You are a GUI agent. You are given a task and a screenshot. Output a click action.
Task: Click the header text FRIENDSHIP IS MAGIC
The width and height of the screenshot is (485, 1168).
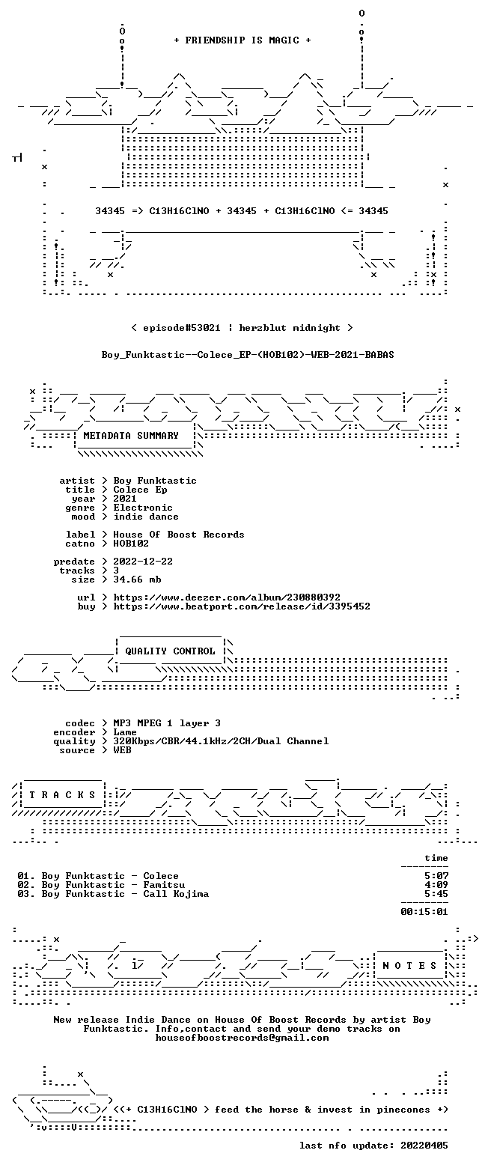(x=242, y=40)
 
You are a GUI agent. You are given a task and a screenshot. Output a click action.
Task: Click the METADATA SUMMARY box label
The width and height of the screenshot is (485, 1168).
(x=131, y=436)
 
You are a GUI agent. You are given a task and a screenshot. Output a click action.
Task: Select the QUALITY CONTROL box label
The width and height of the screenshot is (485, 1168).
(x=170, y=651)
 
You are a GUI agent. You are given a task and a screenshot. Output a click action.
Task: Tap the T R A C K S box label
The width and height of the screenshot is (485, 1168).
(x=63, y=795)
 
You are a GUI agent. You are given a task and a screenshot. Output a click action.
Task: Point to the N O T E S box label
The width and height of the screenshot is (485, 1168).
(x=410, y=966)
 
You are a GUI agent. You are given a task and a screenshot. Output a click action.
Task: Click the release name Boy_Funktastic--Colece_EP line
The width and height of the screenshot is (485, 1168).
(x=248, y=355)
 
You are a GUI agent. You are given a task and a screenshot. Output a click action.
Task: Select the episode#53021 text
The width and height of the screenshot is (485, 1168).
(x=181, y=328)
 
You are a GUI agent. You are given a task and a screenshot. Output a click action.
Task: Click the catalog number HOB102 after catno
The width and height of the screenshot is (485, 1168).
(x=131, y=544)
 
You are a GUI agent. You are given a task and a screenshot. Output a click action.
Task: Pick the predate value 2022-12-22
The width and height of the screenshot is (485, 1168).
(x=143, y=562)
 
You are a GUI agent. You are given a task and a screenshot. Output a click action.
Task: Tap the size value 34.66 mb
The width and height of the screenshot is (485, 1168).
(x=137, y=580)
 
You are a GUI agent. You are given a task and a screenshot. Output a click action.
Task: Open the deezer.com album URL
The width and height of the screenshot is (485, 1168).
(x=227, y=597)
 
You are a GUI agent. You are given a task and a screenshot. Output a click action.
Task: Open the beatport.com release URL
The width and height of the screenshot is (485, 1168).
(x=242, y=606)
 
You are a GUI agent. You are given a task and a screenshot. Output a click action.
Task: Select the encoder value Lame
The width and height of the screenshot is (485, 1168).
(x=125, y=732)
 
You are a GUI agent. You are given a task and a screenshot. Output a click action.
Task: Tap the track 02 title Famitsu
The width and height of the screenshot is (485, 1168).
(x=164, y=886)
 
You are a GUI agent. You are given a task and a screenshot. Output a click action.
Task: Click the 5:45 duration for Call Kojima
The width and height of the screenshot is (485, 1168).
(x=436, y=894)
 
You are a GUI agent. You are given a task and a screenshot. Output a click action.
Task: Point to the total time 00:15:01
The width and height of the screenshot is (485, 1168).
(x=424, y=912)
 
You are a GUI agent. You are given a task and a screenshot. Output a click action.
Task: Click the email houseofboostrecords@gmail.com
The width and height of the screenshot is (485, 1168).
(x=242, y=1038)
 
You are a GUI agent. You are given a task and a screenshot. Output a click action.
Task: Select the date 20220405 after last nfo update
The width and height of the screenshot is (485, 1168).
(x=424, y=1146)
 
